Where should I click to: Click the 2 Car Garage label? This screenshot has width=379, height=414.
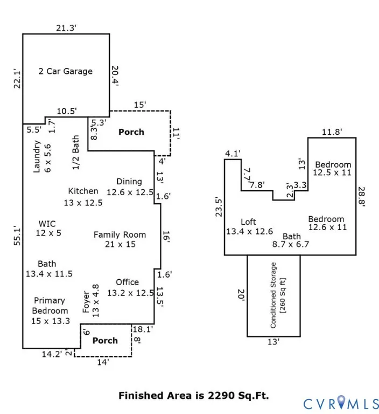click(x=65, y=71)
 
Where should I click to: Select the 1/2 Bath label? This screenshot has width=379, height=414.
click(x=76, y=153)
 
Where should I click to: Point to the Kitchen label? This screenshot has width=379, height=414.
click(x=83, y=191)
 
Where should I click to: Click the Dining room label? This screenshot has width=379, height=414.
click(x=129, y=182)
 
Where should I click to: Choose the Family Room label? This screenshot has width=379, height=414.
click(x=120, y=234)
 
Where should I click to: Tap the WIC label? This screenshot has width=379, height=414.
click(x=47, y=224)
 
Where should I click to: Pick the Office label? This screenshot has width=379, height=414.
click(x=128, y=282)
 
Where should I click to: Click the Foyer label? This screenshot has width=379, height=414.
click(x=86, y=302)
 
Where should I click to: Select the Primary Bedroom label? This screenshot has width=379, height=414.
click(x=50, y=306)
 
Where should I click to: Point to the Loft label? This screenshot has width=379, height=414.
click(x=248, y=222)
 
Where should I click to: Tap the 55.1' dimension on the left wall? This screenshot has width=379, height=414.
click(x=17, y=236)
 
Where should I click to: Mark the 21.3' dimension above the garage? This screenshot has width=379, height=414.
click(x=66, y=27)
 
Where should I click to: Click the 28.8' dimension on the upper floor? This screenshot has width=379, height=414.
click(x=361, y=197)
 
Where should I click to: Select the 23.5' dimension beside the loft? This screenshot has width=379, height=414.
click(x=219, y=207)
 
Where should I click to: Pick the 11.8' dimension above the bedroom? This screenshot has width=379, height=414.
click(x=332, y=132)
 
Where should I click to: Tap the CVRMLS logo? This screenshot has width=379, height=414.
click(x=341, y=404)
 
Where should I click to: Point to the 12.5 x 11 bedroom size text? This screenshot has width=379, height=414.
click(x=332, y=172)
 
